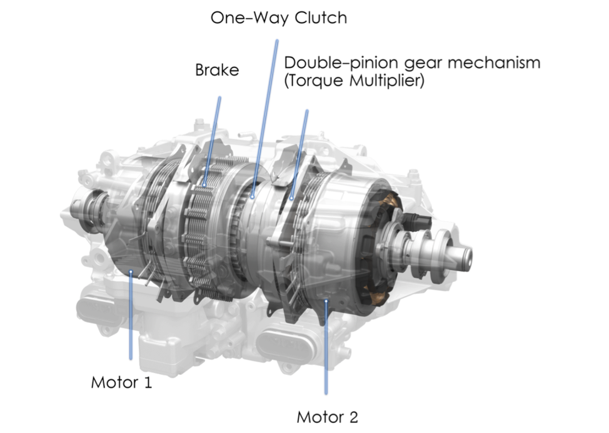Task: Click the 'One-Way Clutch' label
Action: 278,18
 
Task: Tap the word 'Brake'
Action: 217,70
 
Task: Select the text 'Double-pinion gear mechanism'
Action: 412,63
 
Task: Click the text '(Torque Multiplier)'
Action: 355,81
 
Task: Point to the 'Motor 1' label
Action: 121,382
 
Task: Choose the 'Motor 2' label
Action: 327,417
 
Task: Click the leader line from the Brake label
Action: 212,141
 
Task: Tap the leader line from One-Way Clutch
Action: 265,118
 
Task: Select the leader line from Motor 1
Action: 131,316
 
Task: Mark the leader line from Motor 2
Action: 326,347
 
